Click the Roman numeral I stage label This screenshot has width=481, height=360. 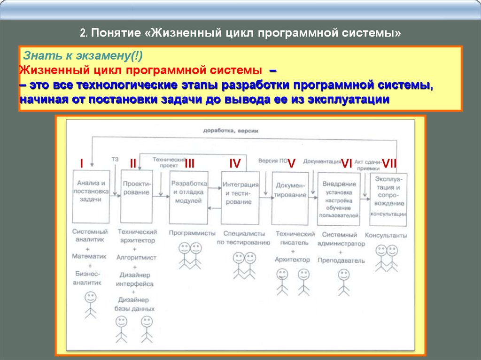click(81, 163)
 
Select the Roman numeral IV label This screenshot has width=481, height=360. click(235, 163)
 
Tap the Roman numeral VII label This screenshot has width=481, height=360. click(389, 163)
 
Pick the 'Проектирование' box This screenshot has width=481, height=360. click(137, 196)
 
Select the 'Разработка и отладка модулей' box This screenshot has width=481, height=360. click(188, 197)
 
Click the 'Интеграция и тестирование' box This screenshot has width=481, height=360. click(240, 198)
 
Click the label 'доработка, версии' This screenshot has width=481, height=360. click(231, 131)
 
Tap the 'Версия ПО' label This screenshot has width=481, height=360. click(272, 161)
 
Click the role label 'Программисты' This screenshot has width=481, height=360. click(192, 233)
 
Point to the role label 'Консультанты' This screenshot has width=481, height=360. click(386, 235)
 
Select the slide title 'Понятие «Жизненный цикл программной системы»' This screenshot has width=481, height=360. click(240, 34)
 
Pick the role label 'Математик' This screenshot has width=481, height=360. click(89, 256)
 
